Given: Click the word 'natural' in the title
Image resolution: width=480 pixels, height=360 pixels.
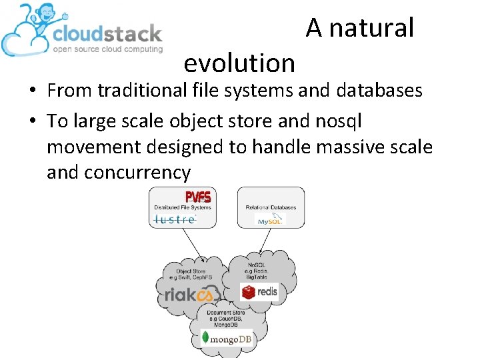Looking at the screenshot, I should [x=371, y=28].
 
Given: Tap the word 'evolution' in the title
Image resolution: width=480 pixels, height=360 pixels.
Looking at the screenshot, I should [x=239, y=63].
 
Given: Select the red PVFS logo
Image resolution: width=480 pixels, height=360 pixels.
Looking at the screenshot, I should [x=197, y=197].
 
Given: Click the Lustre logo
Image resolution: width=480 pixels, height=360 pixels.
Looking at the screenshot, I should [x=175, y=219].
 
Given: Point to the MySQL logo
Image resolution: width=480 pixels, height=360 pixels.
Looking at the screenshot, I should [x=270, y=219].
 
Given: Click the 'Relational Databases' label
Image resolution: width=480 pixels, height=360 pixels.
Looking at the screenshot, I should [x=271, y=207].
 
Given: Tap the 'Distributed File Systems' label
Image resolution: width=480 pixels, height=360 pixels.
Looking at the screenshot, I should [x=182, y=207].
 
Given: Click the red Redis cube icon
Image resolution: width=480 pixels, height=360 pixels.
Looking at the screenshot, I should [x=249, y=291].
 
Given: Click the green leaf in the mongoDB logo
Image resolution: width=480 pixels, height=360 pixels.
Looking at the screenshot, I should [x=207, y=338].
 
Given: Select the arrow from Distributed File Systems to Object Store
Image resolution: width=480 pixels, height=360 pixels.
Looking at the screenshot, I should [x=195, y=245].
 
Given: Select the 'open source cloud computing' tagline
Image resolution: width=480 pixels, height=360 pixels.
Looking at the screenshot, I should [x=108, y=49].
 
